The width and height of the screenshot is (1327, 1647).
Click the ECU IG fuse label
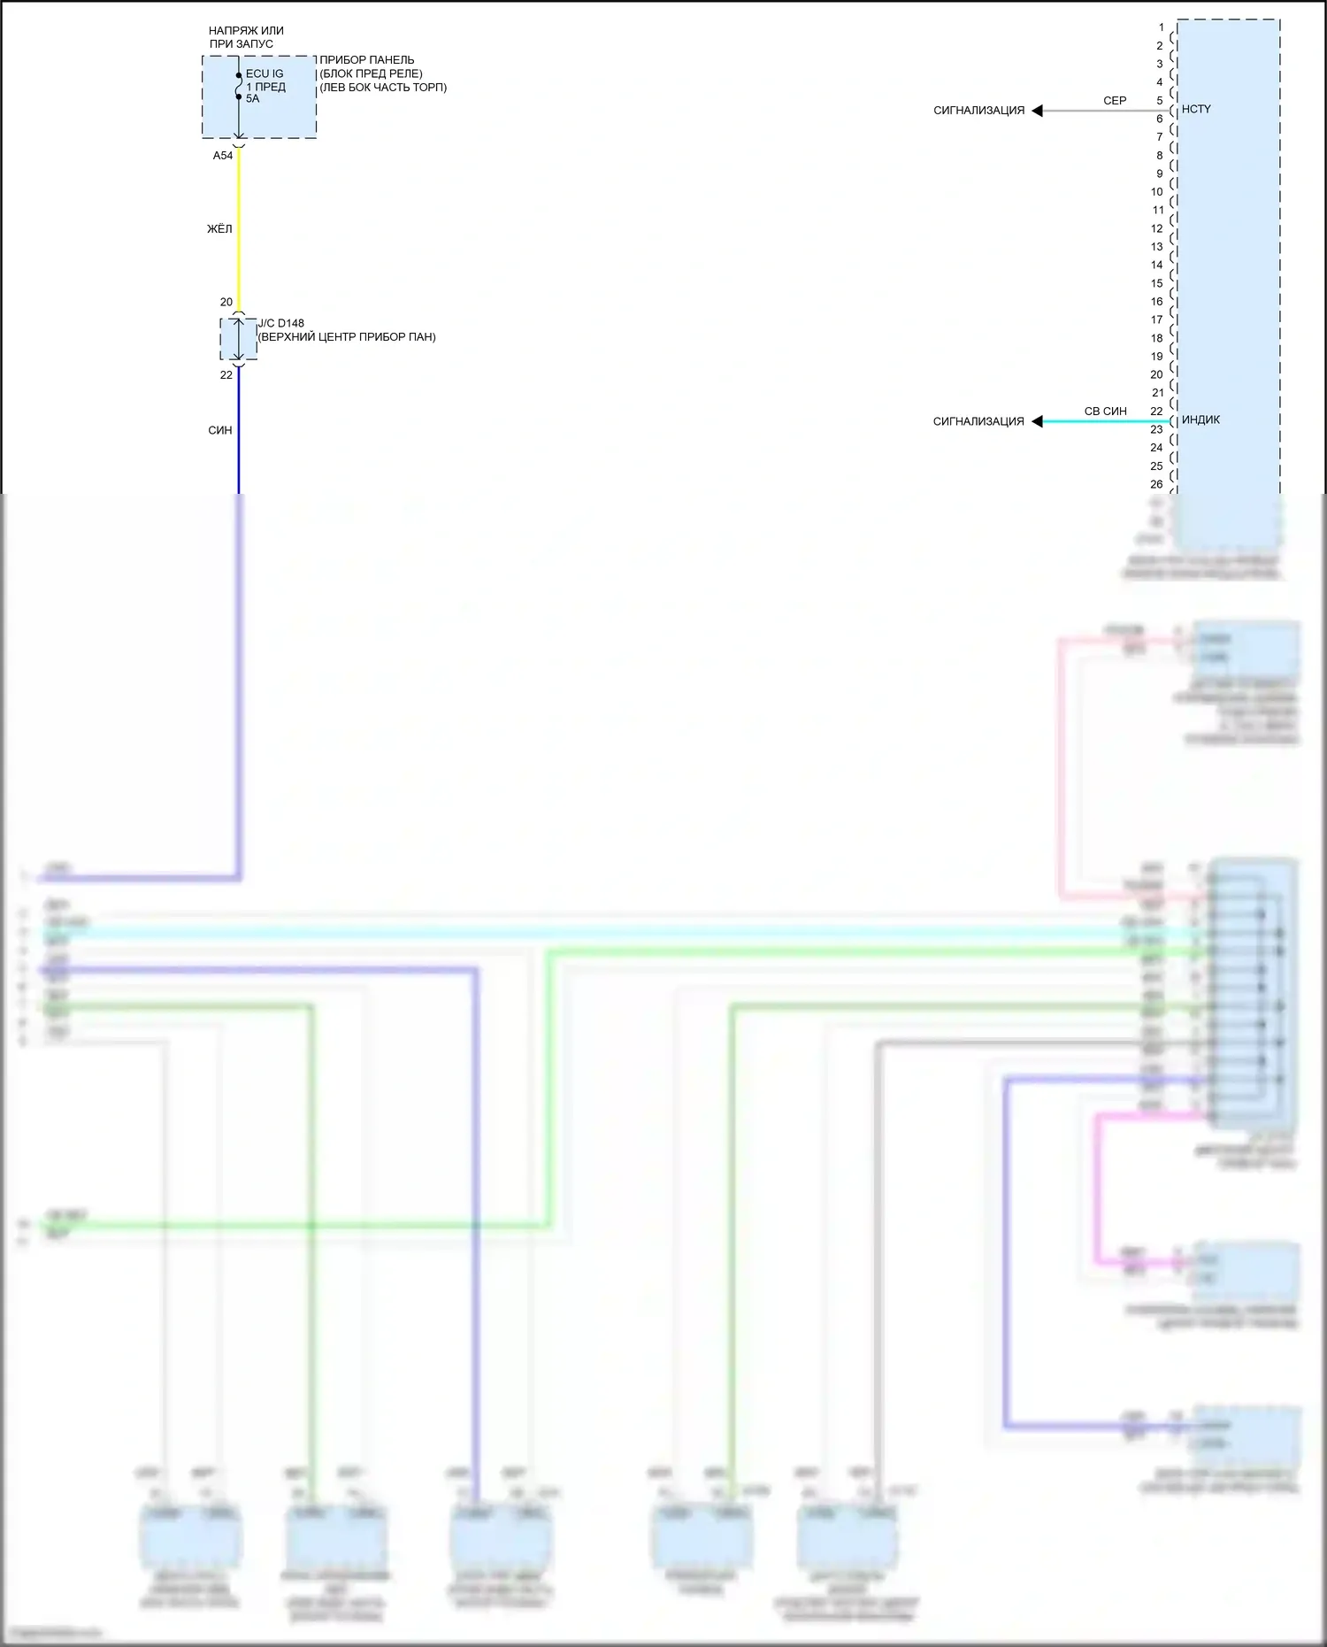tap(265, 74)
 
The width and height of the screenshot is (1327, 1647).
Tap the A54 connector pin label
tap(223, 156)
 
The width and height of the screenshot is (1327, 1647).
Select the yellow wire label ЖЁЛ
tap(219, 229)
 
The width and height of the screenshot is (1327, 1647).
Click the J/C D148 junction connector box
tap(238, 339)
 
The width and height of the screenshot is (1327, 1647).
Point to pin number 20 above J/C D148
tap(226, 303)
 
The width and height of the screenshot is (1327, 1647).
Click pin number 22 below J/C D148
tap(226, 375)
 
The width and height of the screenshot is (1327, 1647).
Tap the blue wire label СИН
tap(220, 431)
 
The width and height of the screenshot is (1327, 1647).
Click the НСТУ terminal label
tap(1196, 110)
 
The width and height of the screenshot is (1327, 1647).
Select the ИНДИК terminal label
tap(1200, 420)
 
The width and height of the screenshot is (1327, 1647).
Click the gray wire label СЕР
tap(1115, 101)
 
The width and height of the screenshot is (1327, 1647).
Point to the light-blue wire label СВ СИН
tap(1106, 412)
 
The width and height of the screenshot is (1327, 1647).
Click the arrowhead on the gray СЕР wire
tap(1038, 111)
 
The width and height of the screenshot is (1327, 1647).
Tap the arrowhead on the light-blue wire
tap(1038, 421)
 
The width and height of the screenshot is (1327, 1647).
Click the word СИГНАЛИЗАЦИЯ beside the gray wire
tap(978, 111)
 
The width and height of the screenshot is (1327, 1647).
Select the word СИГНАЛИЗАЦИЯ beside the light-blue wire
tap(978, 422)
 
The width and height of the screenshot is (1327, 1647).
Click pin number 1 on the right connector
tap(1162, 27)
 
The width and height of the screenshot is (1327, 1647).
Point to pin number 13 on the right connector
tap(1157, 247)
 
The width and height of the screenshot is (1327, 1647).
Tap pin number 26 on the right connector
tap(1157, 485)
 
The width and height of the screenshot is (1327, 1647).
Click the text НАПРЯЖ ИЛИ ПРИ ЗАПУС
tap(245, 37)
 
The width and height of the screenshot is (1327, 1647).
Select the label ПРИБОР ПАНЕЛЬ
tap(366, 60)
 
